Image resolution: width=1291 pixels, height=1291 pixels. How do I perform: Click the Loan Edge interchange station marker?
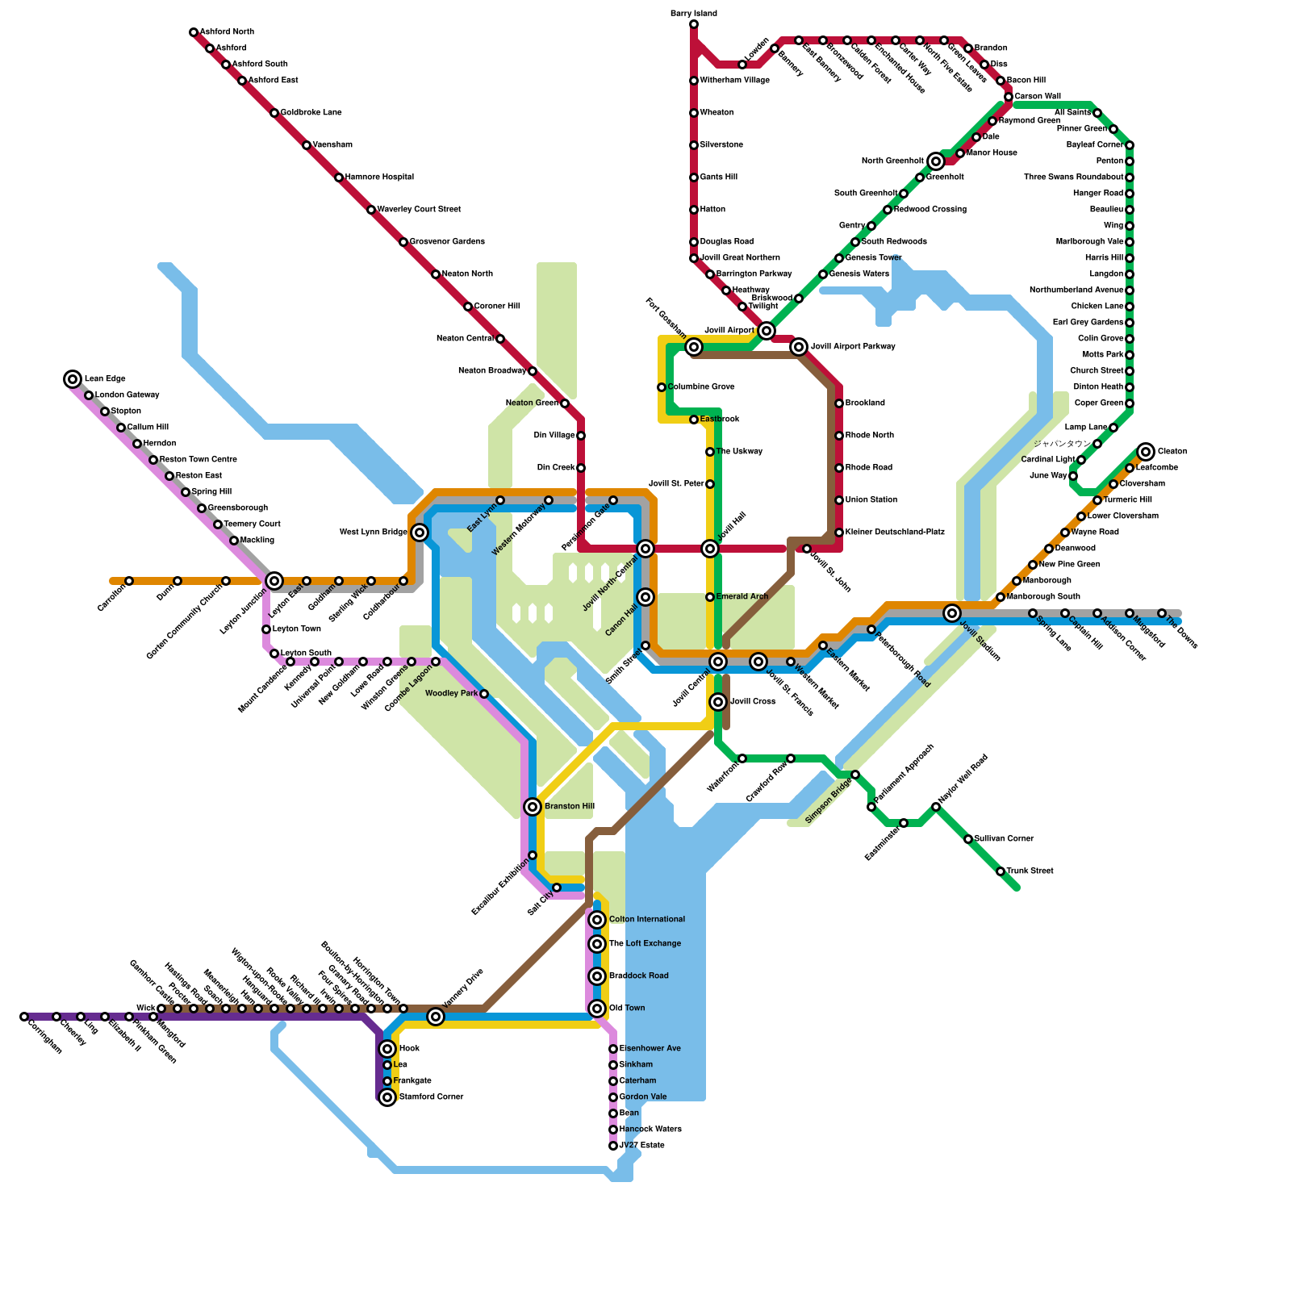(x=73, y=379)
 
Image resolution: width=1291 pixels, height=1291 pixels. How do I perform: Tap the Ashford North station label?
(x=227, y=32)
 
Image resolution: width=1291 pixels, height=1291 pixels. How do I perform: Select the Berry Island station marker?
(x=694, y=24)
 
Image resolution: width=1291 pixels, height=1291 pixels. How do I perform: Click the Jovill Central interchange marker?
(x=718, y=662)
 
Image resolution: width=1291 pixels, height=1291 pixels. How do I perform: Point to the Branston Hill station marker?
(x=533, y=807)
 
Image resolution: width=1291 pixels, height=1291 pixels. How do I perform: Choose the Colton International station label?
(x=646, y=920)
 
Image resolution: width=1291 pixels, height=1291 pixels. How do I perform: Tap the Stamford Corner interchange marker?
(x=387, y=1097)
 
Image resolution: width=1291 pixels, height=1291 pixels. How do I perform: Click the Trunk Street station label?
(x=1030, y=871)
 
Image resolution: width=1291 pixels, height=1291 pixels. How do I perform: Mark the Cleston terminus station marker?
(x=1146, y=452)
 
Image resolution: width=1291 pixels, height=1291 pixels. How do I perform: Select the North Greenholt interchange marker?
(x=936, y=161)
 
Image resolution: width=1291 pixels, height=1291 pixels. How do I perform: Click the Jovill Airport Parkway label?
(x=853, y=347)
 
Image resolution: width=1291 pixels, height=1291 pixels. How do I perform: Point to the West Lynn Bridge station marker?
(x=420, y=533)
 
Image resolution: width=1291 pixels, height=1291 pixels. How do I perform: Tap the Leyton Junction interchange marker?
(x=274, y=581)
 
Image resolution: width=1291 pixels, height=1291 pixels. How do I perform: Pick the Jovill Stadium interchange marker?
(x=952, y=613)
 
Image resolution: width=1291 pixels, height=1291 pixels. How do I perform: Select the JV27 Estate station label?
(x=641, y=1146)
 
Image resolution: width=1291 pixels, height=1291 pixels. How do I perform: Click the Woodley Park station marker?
(x=484, y=694)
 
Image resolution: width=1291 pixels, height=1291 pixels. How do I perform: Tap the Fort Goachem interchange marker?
(x=694, y=347)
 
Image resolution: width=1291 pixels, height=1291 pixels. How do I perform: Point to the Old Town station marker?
(x=597, y=1009)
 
